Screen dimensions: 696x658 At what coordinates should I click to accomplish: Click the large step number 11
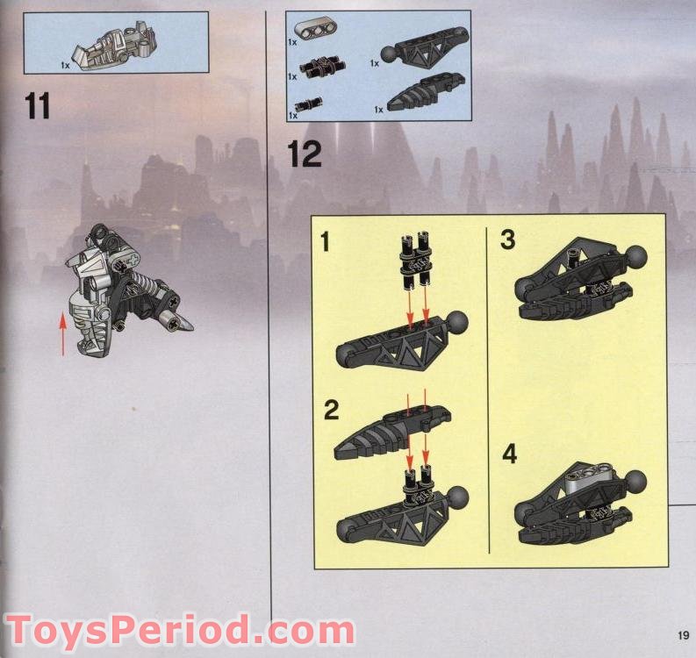(37, 105)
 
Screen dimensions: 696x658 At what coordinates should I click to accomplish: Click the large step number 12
(304, 154)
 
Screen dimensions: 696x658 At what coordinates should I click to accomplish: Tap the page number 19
(683, 634)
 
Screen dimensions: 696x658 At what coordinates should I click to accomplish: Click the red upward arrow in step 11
(63, 334)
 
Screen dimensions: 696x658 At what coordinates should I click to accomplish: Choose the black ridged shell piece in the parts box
(427, 91)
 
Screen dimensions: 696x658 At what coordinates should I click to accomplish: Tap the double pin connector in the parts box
(321, 67)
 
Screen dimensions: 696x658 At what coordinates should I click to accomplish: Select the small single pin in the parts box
(308, 104)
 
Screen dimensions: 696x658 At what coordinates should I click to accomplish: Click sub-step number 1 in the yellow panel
(326, 242)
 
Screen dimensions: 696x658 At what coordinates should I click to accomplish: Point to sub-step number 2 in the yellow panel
(331, 410)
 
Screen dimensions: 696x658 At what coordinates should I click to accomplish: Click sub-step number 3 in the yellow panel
(508, 240)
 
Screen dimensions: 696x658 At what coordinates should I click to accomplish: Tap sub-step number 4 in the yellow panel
(510, 454)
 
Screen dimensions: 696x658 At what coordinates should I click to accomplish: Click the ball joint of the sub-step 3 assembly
(635, 257)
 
